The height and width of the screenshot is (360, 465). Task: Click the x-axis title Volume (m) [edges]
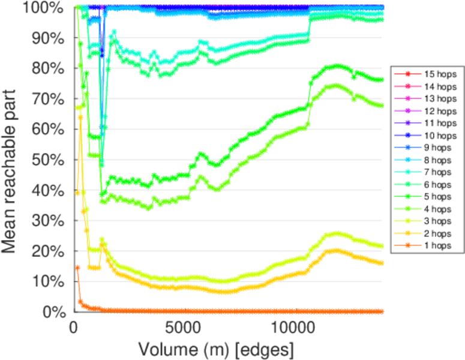coord(216,349)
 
